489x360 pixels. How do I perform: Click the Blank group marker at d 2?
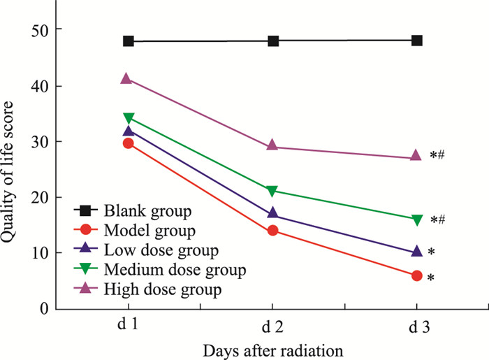pos(273,41)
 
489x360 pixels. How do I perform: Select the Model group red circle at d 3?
pos(417,276)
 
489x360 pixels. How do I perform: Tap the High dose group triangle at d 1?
pos(126,78)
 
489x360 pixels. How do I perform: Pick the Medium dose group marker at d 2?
pos(272,192)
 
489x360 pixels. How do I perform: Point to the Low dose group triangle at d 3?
pos(417,251)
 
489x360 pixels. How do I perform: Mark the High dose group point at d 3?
pos(417,157)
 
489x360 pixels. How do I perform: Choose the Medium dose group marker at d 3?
pos(417,221)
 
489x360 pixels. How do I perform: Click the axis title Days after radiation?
pos(272,347)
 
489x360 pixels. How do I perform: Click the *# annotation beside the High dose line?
pos(437,156)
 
